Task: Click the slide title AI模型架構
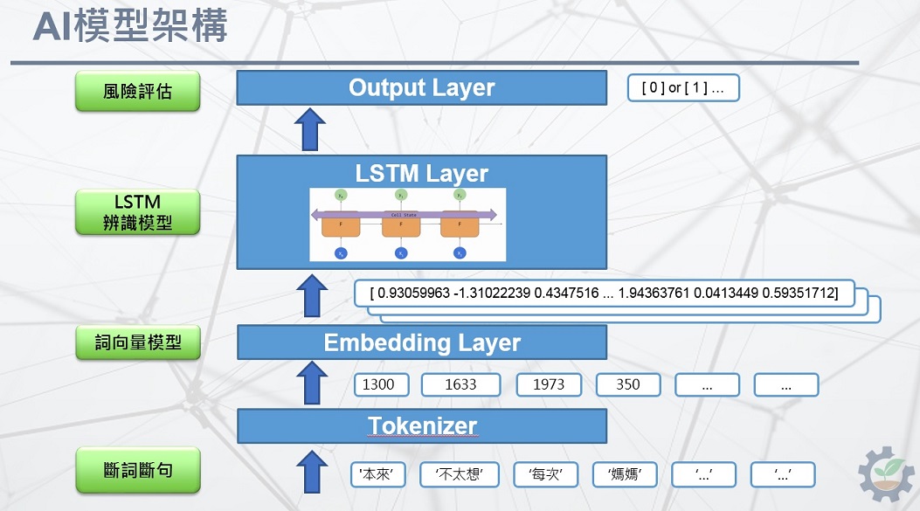click(130, 27)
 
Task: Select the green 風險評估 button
click(137, 91)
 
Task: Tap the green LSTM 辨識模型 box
click(137, 212)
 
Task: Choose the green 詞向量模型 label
click(137, 342)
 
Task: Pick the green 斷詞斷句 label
click(137, 470)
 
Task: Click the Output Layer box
click(421, 87)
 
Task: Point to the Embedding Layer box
click(421, 342)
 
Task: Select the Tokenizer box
click(421, 426)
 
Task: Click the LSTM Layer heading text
click(421, 173)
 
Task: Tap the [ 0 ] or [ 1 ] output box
click(683, 88)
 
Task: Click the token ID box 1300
click(378, 384)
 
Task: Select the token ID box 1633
click(460, 384)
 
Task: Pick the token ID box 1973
click(548, 384)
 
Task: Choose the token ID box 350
click(627, 384)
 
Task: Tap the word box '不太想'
click(459, 474)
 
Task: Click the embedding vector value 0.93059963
click(418, 294)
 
